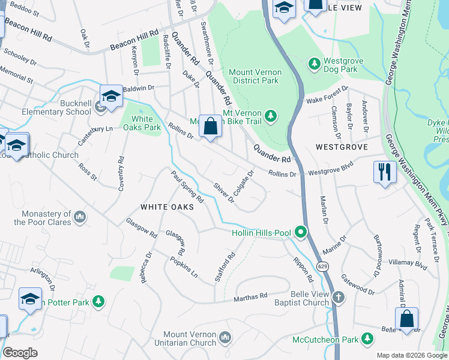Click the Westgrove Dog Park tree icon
pos(313,63)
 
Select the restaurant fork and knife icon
pos(384,172)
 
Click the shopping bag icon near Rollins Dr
pos(210,127)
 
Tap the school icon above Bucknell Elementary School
pos(111,96)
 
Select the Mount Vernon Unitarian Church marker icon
pos(225,338)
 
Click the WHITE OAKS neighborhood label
pos(167,206)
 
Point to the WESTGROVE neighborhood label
pos(337,146)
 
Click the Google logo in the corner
pos(20,353)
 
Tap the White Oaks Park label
pos(142,122)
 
